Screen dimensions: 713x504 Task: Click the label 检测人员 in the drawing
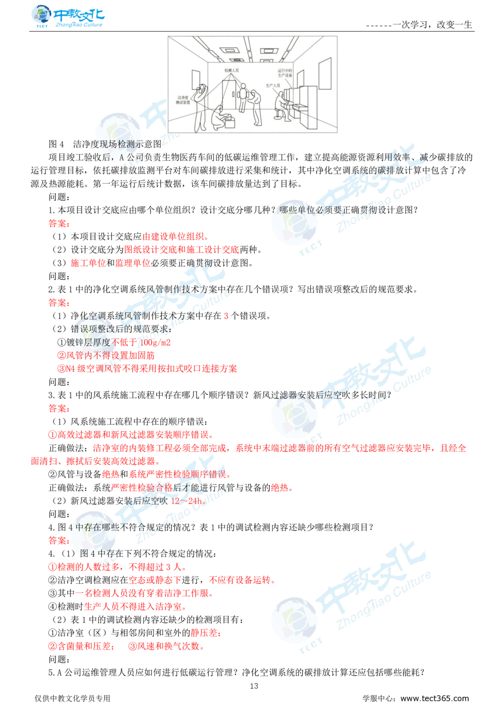tap(231, 71)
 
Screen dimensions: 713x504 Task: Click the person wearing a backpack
tap(243, 96)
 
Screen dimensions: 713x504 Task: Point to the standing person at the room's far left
tap(201, 106)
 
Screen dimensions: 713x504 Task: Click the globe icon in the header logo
tap(39, 16)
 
